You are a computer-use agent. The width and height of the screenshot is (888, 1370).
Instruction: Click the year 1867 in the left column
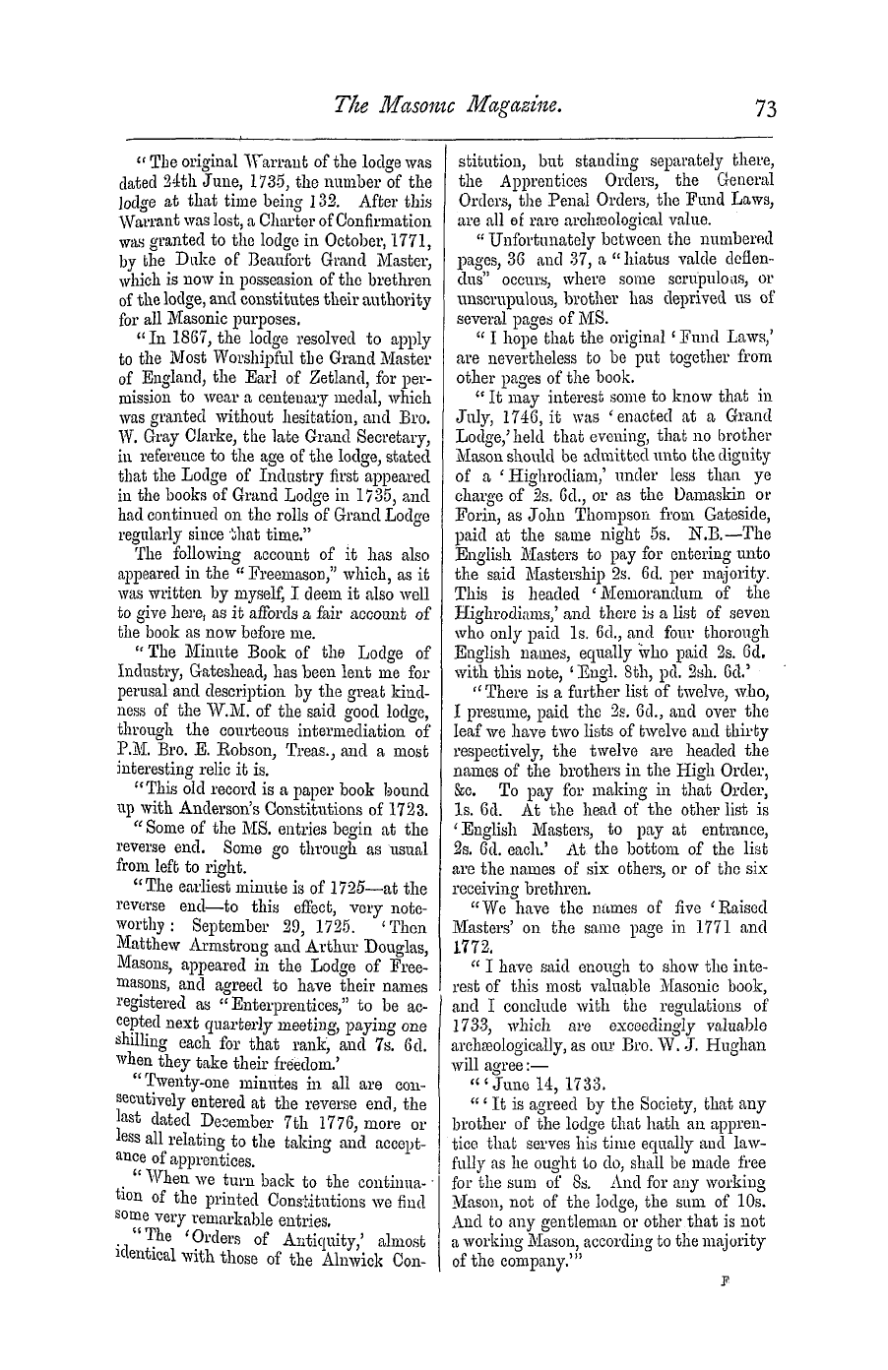[x=194, y=340]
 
